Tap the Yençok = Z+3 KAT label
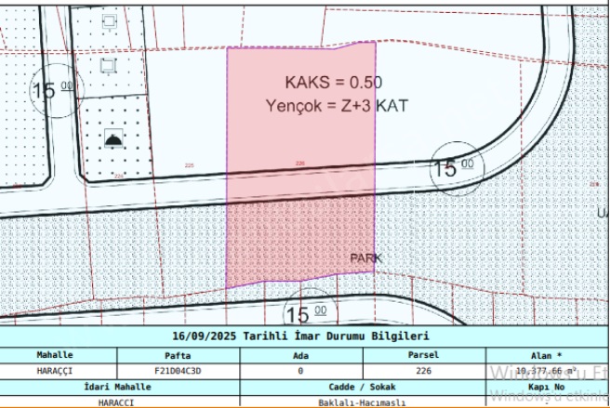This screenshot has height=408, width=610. click(x=336, y=105)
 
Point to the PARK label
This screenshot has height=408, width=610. click(x=365, y=257)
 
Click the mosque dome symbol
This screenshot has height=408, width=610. click(x=113, y=138)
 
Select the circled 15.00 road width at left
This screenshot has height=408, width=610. click(x=54, y=90)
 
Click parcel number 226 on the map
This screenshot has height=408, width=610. click(x=299, y=164)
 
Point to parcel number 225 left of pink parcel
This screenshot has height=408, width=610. click(x=190, y=165)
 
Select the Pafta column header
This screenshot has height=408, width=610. click(x=178, y=355)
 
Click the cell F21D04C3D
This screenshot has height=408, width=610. click(x=178, y=371)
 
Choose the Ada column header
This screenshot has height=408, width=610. click(x=300, y=355)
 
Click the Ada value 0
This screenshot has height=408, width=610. click(x=300, y=371)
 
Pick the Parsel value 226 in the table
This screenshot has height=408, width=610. click(x=423, y=371)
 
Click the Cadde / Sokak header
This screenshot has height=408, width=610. click(x=362, y=387)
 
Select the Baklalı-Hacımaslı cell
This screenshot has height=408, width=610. click(x=362, y=401)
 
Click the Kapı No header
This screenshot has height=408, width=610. click(x=546, y=387)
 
